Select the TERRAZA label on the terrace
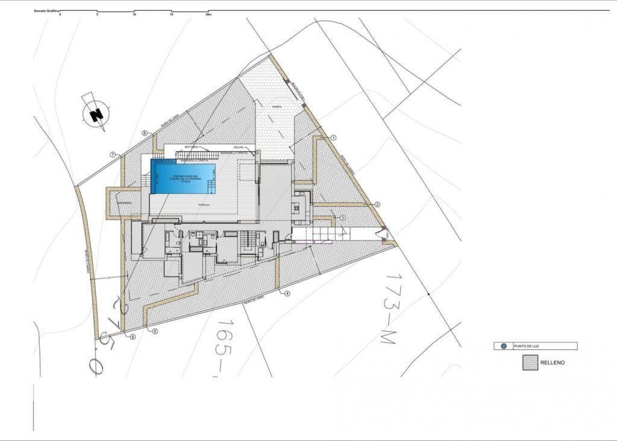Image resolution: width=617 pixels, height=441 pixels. (x=204, y=205)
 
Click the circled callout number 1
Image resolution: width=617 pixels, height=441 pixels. (x=333, y=137)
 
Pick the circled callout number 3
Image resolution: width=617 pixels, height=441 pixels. (x=342, y=217)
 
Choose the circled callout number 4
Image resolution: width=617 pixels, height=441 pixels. (x=287, y=294)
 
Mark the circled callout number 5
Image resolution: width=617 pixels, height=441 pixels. (x=155, y=331)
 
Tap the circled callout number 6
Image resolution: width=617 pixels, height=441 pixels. (x=132, y=337)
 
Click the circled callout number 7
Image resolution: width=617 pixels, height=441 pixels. (x=113, y=154)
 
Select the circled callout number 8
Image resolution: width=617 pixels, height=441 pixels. (x=145, y=133)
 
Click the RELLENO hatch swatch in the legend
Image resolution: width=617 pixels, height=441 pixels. (x=531, y=363)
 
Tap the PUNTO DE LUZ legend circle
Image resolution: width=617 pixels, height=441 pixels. (x=504, y=346)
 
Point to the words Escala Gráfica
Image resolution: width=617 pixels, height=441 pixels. (x=46, y=11)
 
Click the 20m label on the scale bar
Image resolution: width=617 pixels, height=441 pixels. (x=209, y=14)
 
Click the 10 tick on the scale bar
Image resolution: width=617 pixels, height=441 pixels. (x=134, y=14)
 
